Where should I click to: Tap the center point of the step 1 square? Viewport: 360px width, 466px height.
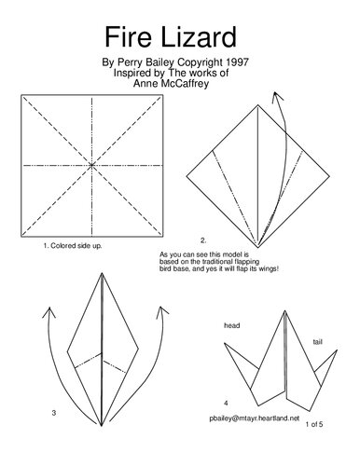(x=92, y=166)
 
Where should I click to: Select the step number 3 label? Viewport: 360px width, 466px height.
(x=54, y=412)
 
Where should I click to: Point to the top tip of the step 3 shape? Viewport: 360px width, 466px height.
(x=102, y=273)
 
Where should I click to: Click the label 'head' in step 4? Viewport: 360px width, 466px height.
(x=232, y=325)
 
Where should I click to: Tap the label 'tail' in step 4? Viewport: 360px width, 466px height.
(x=317, y=342)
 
